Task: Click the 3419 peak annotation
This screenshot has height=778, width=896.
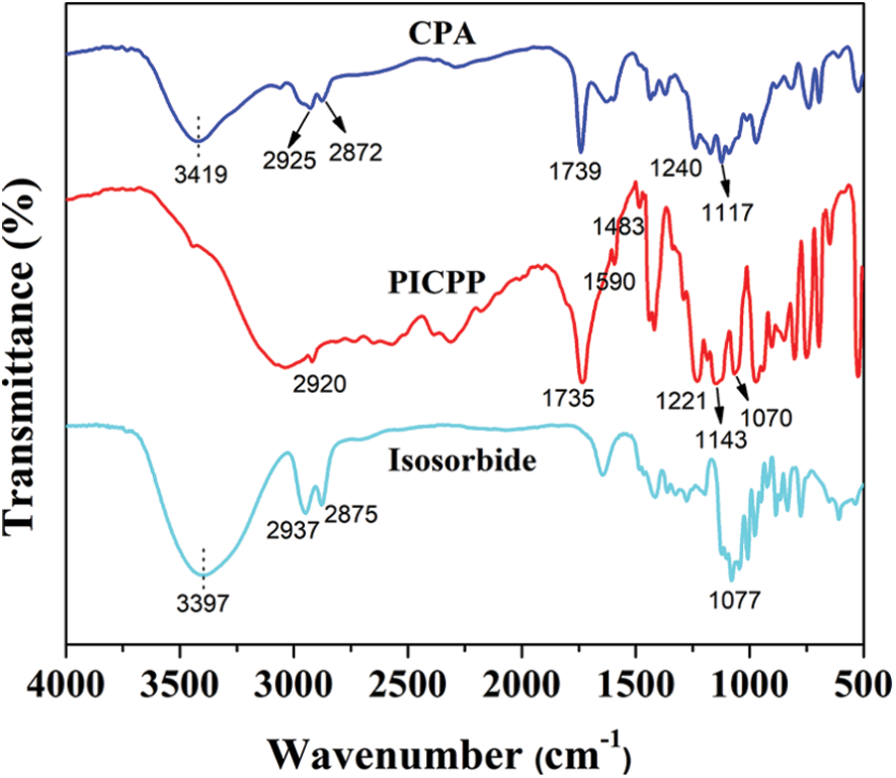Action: click(x=202, y=177)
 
